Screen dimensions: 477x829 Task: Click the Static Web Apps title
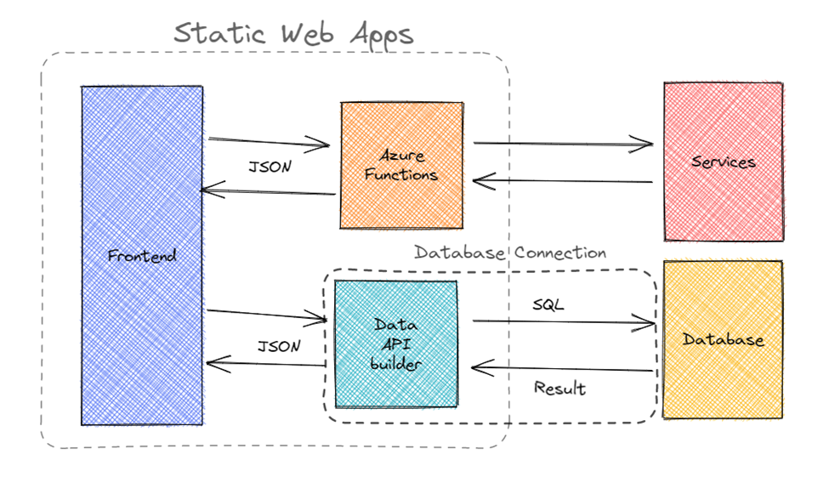[293, 34]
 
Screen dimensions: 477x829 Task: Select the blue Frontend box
[142, 255]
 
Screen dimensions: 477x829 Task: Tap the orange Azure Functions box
[402, 165]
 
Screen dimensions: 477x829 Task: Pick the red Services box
[723, 162]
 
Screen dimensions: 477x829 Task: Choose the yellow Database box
[723, 340]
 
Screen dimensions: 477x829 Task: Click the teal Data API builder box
[395, 344]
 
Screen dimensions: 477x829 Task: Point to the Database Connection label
[510, 253]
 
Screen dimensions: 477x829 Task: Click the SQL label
[548, 304]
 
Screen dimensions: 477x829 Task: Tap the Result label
[559, 389]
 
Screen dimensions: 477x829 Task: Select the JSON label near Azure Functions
[270, 168]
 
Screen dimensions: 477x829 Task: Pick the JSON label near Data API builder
[278, 347]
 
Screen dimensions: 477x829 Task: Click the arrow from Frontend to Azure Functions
[269, 143]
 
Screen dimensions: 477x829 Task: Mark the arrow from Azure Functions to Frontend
[269, 192]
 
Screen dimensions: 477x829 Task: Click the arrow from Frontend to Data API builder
[267, 315]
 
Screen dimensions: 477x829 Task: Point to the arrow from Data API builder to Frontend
[267, 366]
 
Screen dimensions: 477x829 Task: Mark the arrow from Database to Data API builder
[561, 369]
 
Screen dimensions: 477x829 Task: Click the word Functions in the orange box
[408, 175]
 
